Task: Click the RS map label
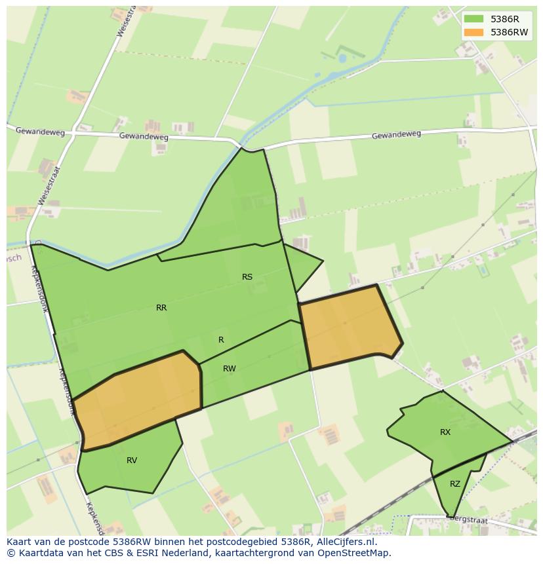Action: tap(247, 277)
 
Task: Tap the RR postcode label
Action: tap(161, 308)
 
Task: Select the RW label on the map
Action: tap(229, 369)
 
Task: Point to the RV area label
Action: tap(132, 461)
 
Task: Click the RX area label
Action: tap(445, 432)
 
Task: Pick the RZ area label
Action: tap(455, 484)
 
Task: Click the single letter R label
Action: tap(221, 340)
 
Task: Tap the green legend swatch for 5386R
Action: tap(473, 19)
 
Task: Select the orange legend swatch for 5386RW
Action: tap(473, 32)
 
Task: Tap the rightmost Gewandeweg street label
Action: tap(396, 135)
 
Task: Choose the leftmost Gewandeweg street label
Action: tap(40, 132)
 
